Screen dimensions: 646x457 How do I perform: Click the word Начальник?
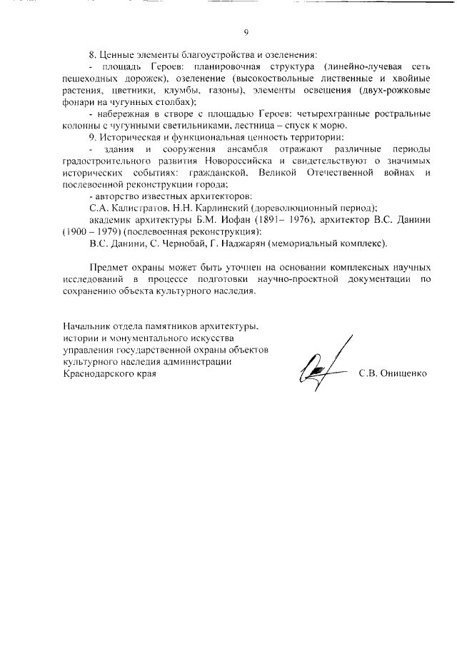tap(88, 326)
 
